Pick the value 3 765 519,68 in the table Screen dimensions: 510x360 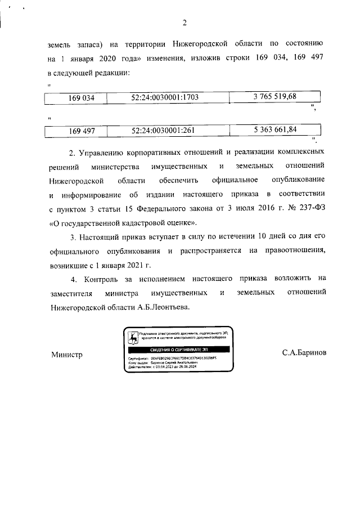pos(274,96)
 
